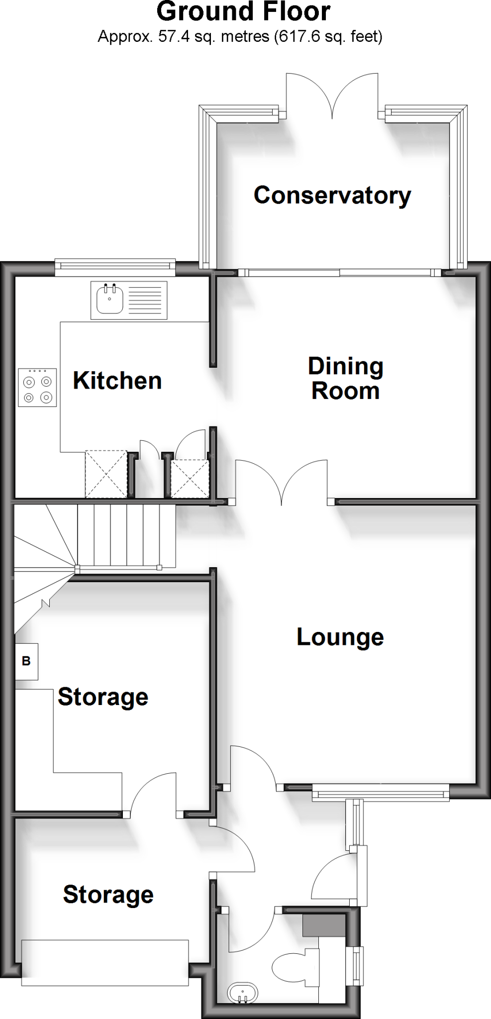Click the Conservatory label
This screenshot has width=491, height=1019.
click(332, 195)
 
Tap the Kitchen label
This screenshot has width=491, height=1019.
click(117, 381)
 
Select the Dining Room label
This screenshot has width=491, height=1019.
click(346, 379)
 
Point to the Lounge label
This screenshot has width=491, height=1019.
click(340, 637)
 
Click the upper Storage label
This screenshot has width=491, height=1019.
click(103, 697)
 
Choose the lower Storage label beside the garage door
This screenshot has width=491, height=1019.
click(108, 895)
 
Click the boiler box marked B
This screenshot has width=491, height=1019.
click(26, 661)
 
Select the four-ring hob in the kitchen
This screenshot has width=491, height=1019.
click(37, 388)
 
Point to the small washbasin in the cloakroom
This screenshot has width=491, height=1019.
click(243, 994)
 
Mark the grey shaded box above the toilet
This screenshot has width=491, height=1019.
click(324, 925)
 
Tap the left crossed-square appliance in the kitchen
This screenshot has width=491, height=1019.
click(106, 474)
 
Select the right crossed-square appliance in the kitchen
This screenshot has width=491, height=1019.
click(190, 479)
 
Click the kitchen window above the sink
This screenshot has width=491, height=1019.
click(115, 268)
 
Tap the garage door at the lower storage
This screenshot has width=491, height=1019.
click(105, 962)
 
